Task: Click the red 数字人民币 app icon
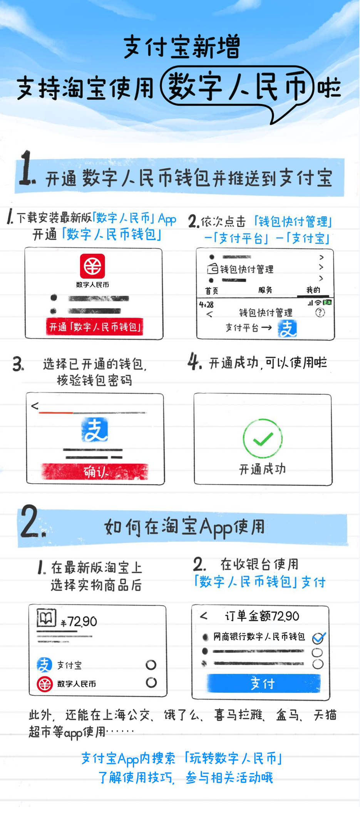[92, 266]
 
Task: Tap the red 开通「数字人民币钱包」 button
[95, 327]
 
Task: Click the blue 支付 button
[264, 683]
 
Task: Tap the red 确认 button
[95, 472]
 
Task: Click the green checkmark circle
[263, 439]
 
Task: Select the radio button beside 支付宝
[151, 665]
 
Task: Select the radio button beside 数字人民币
[151, 683]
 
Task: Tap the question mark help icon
[320, 313]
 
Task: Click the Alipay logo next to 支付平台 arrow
[287, 329]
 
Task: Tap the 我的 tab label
[313, 290]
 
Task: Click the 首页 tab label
[212, 291]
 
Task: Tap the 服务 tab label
[265, 290]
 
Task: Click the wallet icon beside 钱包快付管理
[213, 268]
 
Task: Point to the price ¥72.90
[79, 621]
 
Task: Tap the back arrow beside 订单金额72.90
[204, 616]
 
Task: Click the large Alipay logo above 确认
[95, 430]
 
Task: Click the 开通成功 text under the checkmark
[263, 469]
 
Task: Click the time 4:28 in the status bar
[206, 305]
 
